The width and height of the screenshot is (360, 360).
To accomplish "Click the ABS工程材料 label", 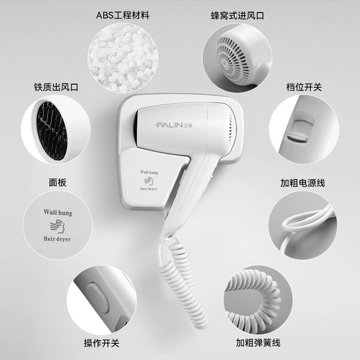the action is click(123, 16).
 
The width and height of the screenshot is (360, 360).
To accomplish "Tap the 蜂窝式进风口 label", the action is click(238, 16).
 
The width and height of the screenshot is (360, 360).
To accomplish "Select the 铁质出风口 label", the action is click(56, 87).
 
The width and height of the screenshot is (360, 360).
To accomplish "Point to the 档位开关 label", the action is click(304, 87).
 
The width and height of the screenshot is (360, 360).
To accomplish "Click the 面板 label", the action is click(58, 182).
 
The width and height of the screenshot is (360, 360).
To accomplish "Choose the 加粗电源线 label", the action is click(302, 183).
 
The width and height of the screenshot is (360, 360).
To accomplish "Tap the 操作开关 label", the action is click(101, 343).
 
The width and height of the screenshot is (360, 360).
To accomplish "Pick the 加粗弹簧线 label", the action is click(258, 343).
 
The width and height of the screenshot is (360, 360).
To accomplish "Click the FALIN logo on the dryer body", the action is click(173, 125).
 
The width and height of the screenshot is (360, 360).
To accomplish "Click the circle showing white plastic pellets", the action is click(122, 58).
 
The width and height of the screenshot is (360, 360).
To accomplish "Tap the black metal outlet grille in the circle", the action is click(53, 131).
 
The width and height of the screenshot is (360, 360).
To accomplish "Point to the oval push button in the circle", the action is click(98, 298).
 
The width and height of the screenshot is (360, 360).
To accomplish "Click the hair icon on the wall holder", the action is click(149, 181).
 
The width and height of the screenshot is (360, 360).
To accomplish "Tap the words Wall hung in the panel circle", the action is click(58, 212).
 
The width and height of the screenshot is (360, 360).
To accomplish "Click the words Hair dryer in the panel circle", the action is click(57, 239).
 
